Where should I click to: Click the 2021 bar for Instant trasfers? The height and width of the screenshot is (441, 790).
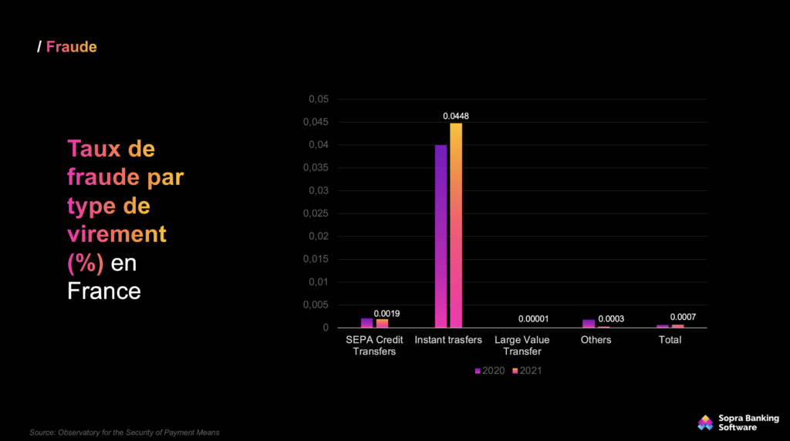(456, 225)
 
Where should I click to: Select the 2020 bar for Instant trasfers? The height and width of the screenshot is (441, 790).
(441, 236)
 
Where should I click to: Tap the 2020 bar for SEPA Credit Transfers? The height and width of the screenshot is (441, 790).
(366, 323)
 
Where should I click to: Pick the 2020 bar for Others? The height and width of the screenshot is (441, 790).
(589, 324)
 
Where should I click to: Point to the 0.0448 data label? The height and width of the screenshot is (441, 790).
(456, 116)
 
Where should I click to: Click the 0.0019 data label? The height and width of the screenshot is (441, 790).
(387, 313)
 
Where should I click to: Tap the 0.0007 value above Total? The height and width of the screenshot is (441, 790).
(683, 317)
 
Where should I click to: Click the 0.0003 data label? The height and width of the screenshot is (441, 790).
(612, 319)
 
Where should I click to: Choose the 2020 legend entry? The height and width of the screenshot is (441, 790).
(490, 371)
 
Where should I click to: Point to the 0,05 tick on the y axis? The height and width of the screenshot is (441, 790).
(319, 99)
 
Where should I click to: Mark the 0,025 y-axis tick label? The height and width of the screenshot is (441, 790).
(316, 214)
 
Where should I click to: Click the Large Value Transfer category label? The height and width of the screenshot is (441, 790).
(522, 345)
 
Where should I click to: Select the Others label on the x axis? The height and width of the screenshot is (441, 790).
(596, 340)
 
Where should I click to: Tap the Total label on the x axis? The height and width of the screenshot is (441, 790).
(670, 340)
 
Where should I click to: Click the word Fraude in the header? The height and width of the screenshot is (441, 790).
(71, 47)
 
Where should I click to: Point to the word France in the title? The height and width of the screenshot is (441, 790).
(104, 291)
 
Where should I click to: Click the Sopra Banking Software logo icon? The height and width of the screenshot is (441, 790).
(705, 422)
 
